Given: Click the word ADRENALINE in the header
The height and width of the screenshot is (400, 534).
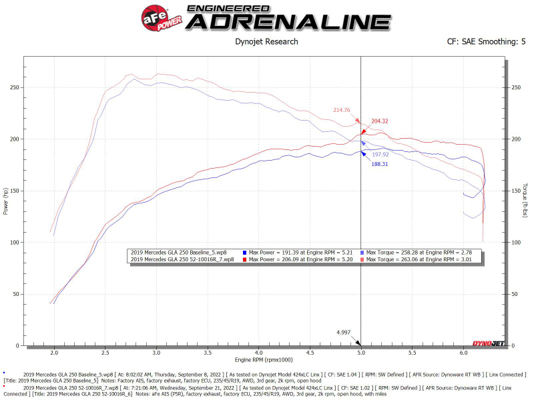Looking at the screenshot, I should (x=287, y=22).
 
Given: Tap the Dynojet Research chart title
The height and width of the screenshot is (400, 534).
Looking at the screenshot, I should (x=267, y=41).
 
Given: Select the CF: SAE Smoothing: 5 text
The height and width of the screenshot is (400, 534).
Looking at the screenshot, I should (x=486, y=41).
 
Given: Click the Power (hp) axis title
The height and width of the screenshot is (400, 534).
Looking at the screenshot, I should (x=6, y=200).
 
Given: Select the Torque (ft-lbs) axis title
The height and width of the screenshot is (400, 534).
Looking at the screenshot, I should (x=525, y=200).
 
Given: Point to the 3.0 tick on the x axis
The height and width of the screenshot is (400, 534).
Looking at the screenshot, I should (x=156, y=353).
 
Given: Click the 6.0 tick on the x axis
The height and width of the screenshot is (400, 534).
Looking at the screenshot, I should (x=463, y=353).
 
